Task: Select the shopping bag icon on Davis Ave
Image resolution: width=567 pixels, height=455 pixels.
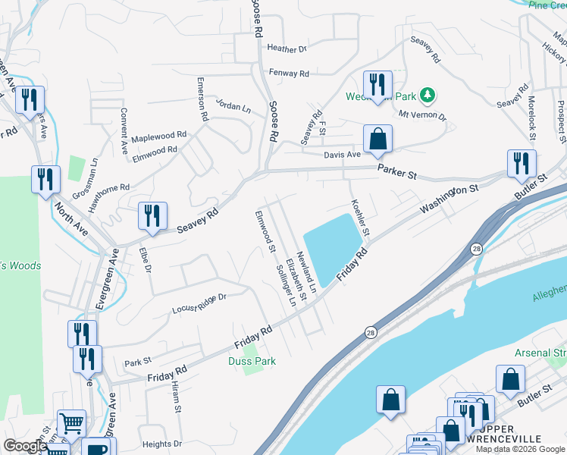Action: point(377,139)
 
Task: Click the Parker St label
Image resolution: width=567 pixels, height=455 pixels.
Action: point(398,174)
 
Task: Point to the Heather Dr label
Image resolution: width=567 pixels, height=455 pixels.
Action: point(287,49)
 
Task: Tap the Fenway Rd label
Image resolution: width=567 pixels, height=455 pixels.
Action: point(289,74)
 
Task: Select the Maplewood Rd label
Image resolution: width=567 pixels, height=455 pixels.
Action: point(158,136)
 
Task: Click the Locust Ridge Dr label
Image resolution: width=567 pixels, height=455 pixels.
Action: point(199,303)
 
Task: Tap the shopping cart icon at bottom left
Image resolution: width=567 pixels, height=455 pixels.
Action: point(71,423)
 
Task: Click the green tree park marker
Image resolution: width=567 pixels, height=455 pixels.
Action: point(430,95)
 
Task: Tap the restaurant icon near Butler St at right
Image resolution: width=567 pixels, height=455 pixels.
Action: point(522,163)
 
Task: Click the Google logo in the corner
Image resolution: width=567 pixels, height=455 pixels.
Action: point(25,447)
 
